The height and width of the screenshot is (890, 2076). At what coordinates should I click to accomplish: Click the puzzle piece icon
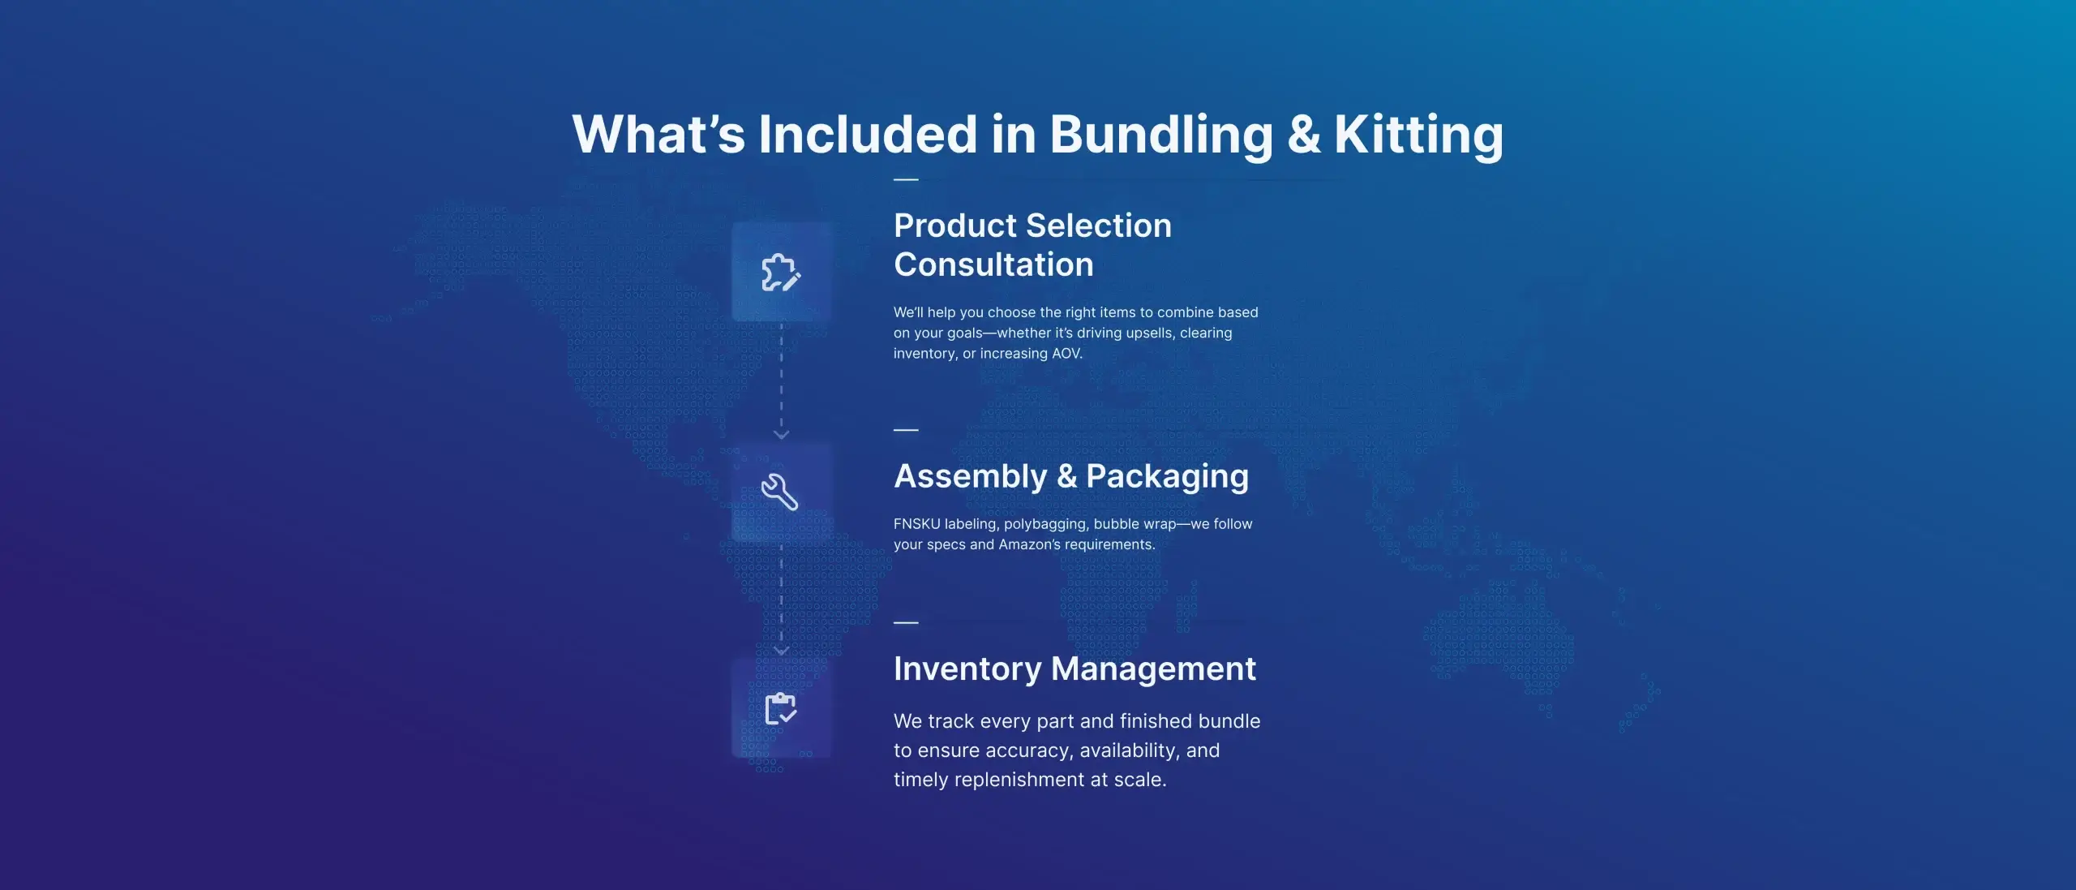point(781,273)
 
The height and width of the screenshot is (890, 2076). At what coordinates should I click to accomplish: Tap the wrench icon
point(779,492)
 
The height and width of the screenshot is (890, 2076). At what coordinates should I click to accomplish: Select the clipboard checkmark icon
point(781,708)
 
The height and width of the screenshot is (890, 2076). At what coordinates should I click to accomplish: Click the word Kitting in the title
point(1418,135)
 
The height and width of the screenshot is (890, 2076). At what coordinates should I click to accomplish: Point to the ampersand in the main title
point(1304,134)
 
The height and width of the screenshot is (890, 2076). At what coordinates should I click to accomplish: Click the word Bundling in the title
point(1161,135)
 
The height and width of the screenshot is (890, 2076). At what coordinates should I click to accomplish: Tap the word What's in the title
point(658,134)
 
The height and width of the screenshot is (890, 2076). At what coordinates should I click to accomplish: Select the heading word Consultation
point(993,264)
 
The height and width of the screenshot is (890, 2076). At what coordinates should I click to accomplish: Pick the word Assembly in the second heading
point(970,477)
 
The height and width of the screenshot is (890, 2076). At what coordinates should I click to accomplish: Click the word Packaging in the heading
point(1167,477)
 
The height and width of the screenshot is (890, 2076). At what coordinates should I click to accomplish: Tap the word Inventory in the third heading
point(967,670)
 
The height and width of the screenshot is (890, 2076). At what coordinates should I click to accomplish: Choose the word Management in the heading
point(1153,669)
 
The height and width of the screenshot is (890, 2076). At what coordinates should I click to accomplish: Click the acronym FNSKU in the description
point(916,524)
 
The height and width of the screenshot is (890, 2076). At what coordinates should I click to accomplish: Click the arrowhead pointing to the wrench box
point(781,435)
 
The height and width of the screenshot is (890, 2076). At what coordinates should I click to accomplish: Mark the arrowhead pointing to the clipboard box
point(781,651)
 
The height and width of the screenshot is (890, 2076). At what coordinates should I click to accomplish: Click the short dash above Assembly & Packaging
point(906,429)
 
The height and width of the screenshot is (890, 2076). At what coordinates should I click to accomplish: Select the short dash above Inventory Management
point(906,622)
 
